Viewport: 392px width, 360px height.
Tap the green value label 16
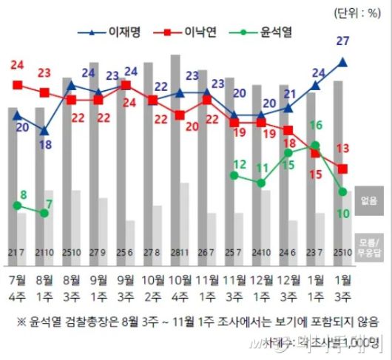tap(315, 126)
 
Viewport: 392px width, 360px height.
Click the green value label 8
tap(22, 195)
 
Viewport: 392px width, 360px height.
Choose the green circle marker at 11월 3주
tap(234, 175)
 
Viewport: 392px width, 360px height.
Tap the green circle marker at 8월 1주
tap(45, 213)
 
